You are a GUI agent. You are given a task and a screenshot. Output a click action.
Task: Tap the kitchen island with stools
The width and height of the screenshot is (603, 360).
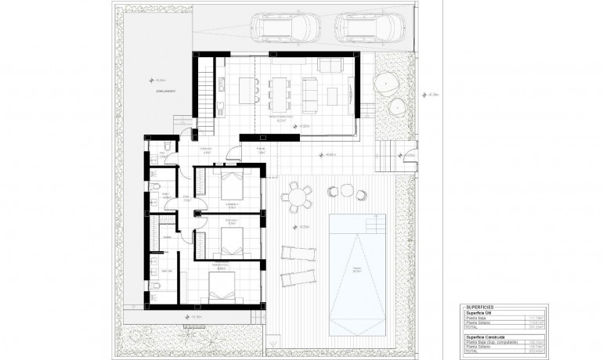point(245,87)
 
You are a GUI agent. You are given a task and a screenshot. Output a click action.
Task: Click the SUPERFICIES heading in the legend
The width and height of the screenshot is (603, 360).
point(479,308)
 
